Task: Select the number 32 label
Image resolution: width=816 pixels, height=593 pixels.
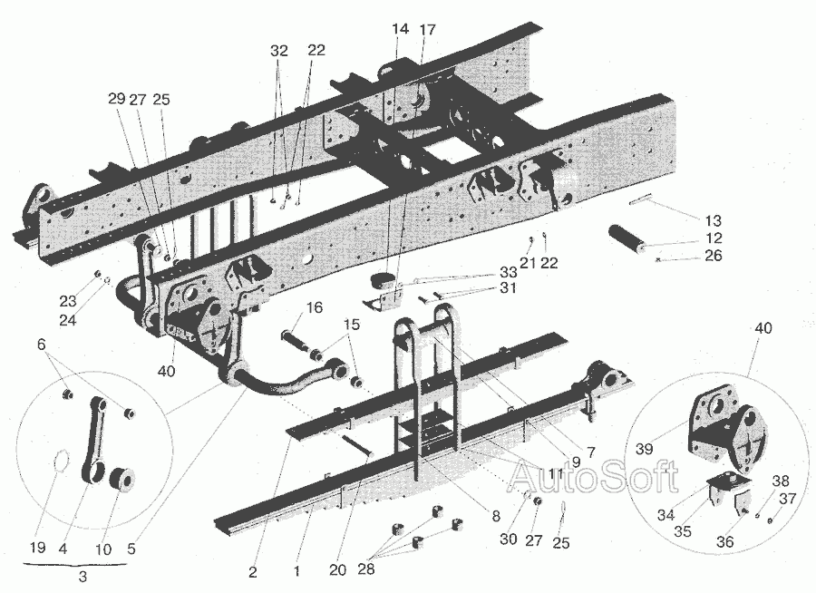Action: click(x=278, y=52)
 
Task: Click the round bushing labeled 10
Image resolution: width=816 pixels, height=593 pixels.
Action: click(x=121, y=478)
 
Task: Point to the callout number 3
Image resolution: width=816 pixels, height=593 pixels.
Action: click(x=83, y=577)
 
